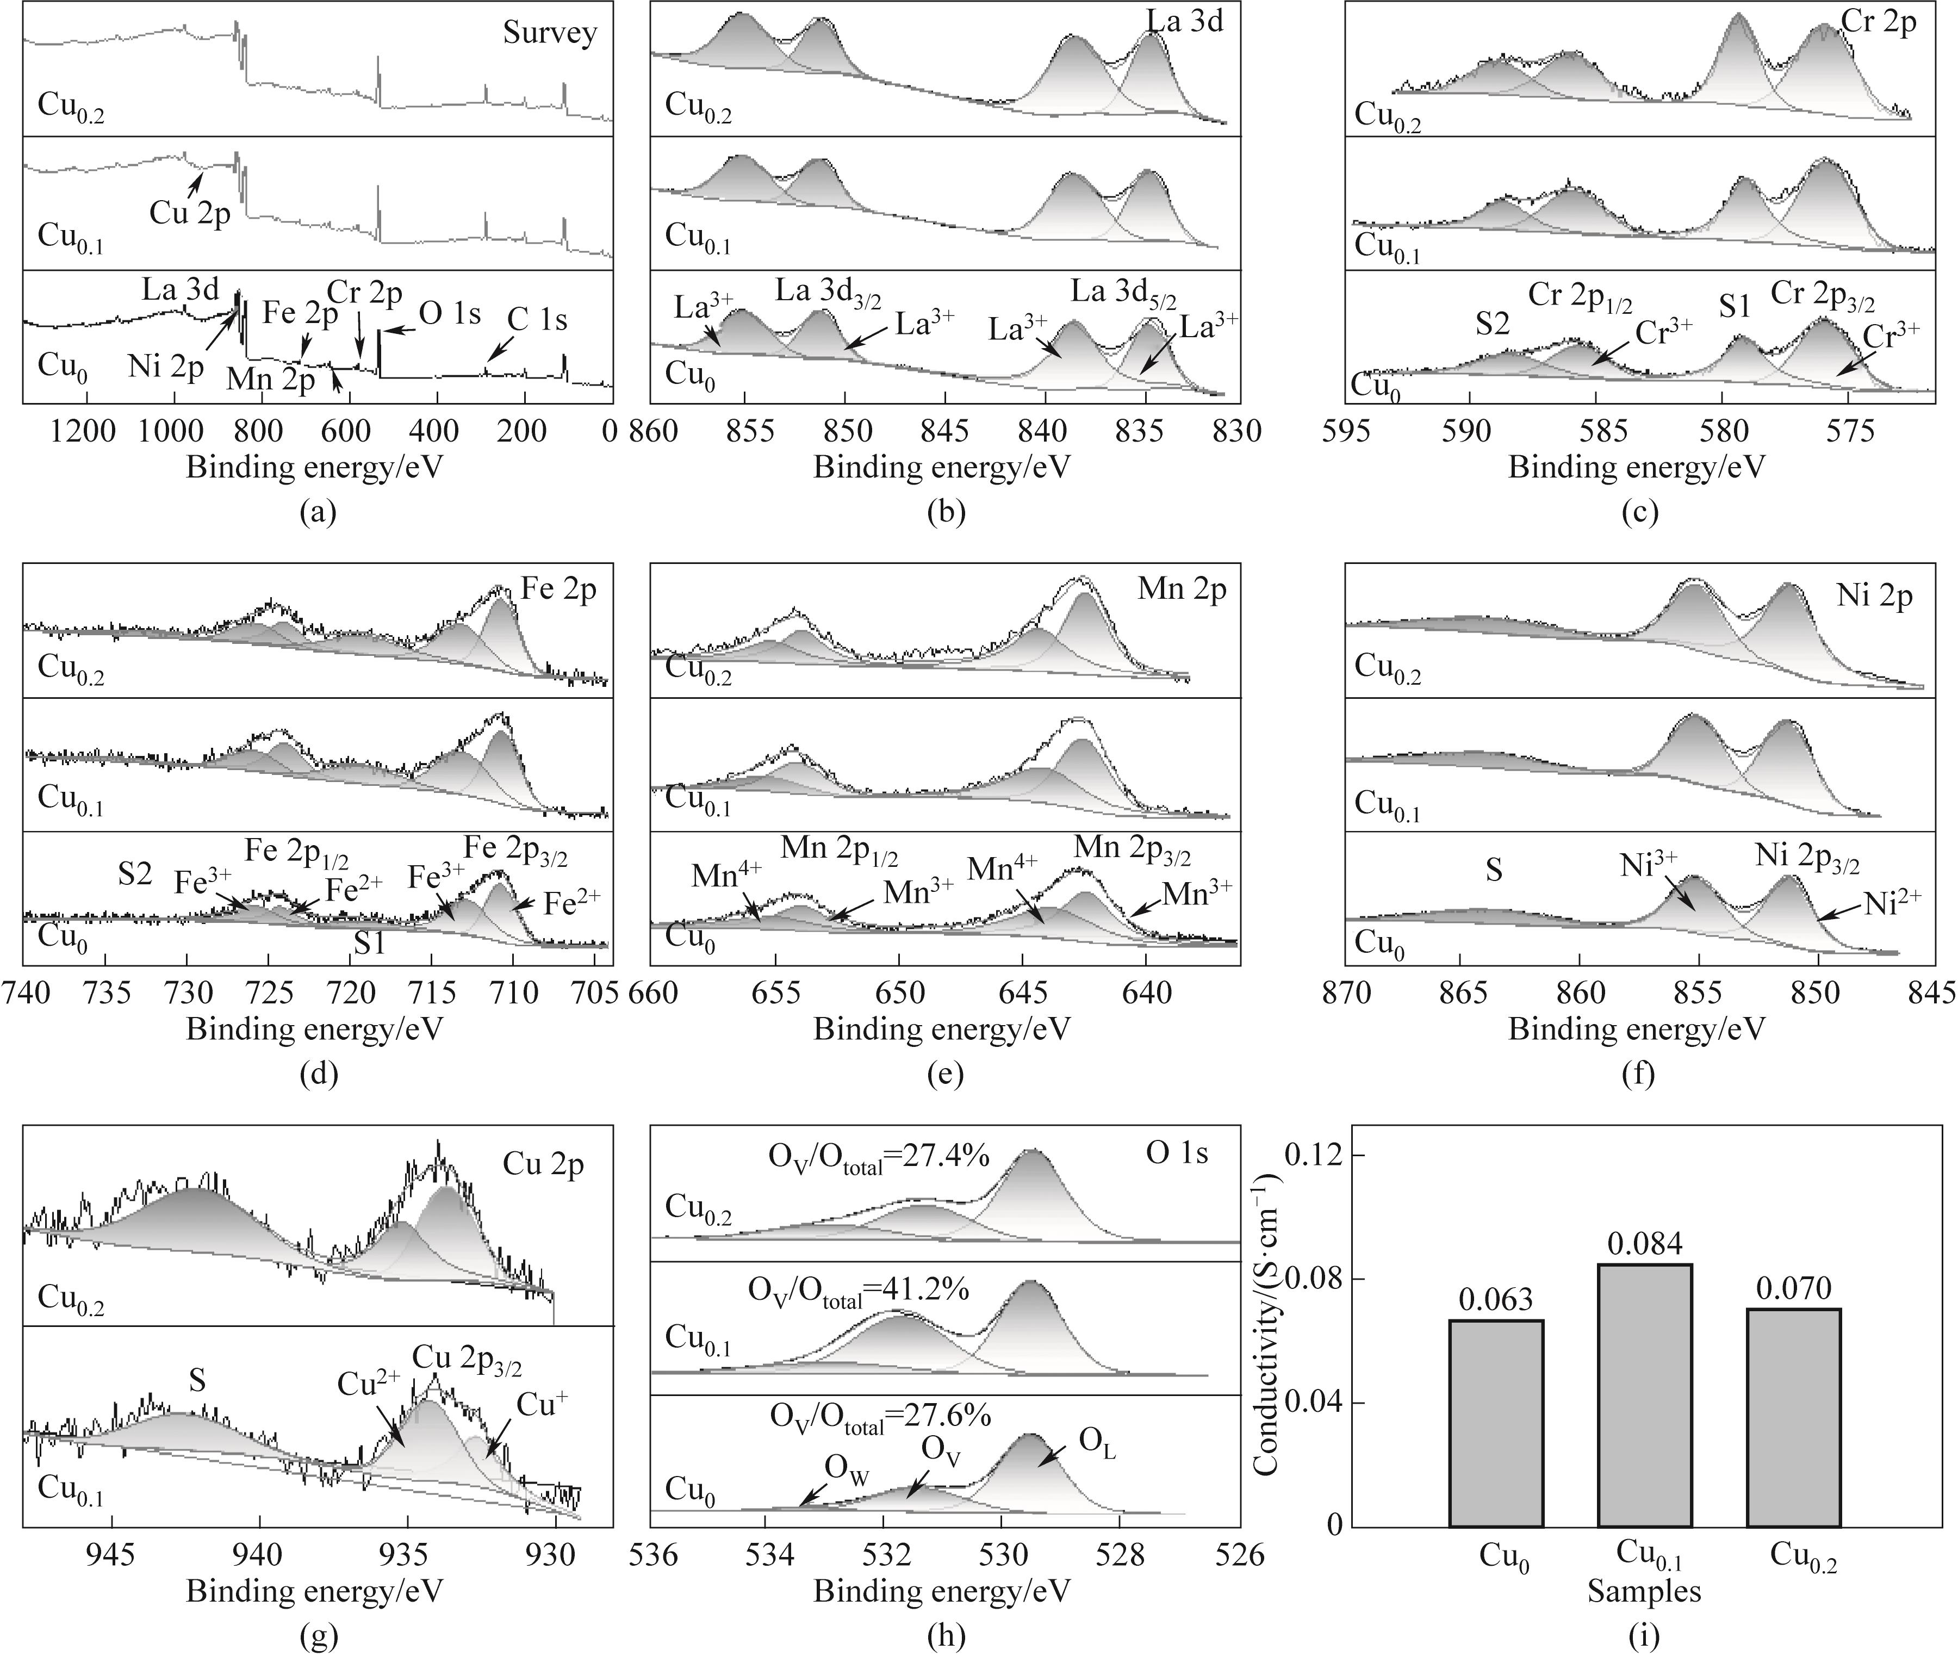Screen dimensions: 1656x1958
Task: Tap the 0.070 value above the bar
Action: pyautogui.click(x=1793, y=1288)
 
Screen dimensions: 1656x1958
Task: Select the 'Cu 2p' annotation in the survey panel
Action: pyautogui.click(x=190, y=214)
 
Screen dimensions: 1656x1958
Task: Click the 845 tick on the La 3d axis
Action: pyautogui.click(x=944, y=432)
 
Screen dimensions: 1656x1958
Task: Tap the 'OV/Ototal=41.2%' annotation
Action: pyautogui.click(x=858, y=1292)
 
